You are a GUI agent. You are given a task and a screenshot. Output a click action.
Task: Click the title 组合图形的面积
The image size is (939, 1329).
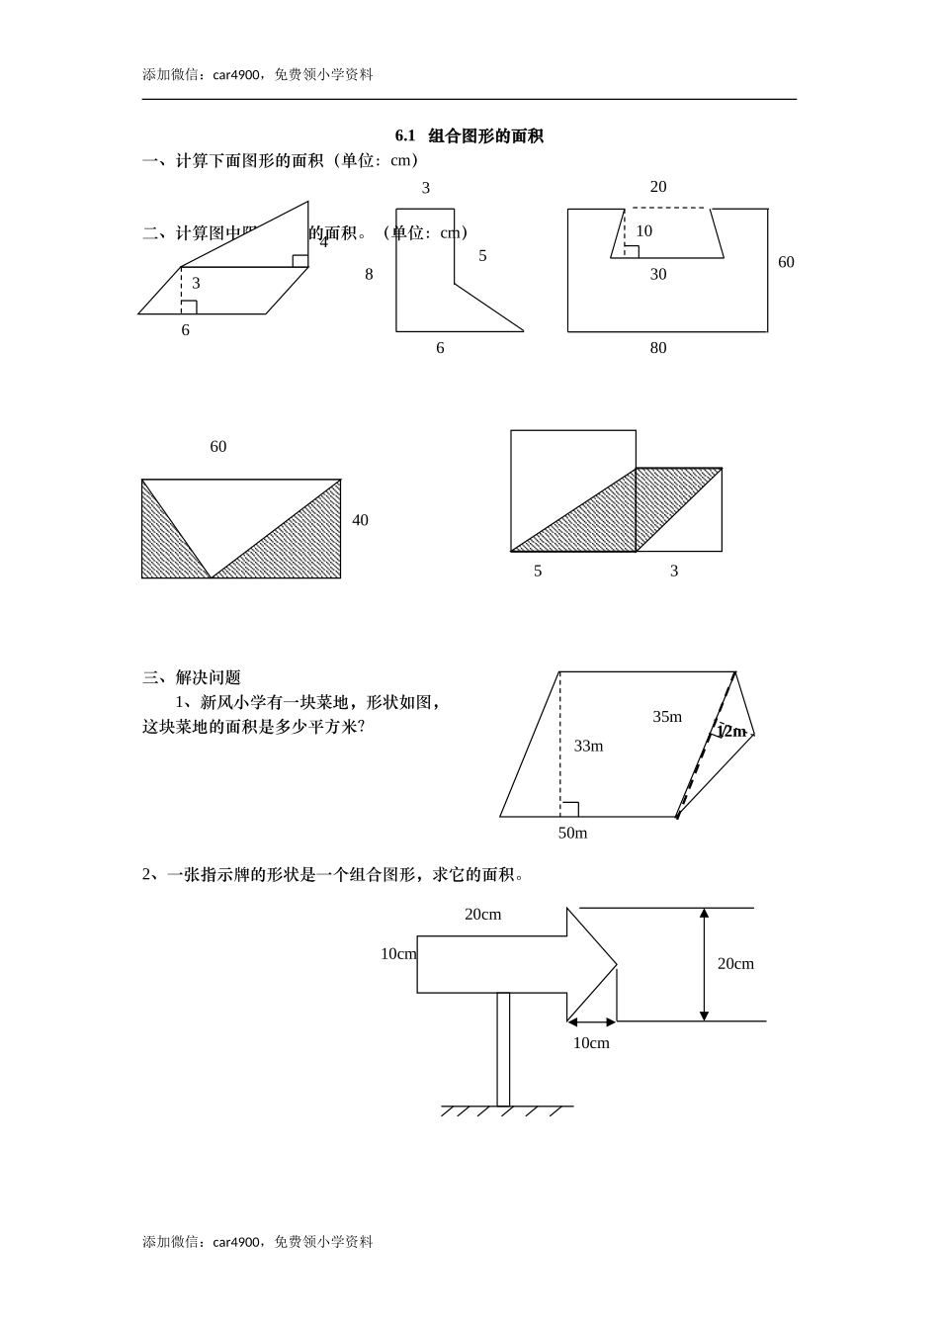(485, 136)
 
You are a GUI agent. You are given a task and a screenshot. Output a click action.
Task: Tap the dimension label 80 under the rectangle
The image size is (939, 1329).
(658, 348)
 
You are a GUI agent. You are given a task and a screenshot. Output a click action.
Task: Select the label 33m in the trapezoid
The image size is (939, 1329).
(588, 747)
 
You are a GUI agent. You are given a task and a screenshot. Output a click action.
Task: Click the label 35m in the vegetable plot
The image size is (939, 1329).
(667, 717)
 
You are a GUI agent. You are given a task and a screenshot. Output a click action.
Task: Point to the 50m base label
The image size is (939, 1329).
(572, 834)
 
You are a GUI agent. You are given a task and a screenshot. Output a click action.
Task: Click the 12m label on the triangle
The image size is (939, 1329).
(731, 732)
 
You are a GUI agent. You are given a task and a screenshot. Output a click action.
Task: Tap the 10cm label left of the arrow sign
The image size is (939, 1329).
(398, 954)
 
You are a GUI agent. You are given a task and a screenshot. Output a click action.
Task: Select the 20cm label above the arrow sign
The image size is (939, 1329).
(482, 915)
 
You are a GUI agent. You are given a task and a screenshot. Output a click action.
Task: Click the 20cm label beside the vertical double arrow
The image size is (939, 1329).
(735, 964)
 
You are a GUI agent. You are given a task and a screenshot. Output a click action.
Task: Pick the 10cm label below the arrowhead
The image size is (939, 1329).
(591, 1043)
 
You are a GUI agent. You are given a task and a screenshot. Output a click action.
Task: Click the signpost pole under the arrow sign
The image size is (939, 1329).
(503, 1048)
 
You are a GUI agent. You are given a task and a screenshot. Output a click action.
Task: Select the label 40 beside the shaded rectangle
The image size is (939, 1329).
(360, 521)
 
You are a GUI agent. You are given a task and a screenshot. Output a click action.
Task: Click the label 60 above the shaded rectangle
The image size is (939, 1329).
(218, 447)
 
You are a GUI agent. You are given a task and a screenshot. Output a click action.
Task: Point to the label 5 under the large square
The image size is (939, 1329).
(538, 572)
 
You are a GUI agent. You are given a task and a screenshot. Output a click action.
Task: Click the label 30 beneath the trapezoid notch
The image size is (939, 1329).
(658, 275)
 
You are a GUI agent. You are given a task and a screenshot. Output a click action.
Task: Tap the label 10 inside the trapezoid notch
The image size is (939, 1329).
(643, 231)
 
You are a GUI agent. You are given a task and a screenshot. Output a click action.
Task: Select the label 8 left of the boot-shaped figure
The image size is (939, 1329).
(369, 275)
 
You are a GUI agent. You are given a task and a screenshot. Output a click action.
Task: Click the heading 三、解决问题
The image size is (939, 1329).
(192, 678)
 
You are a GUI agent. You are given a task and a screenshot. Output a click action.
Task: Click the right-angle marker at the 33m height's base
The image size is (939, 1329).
(569, 809)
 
